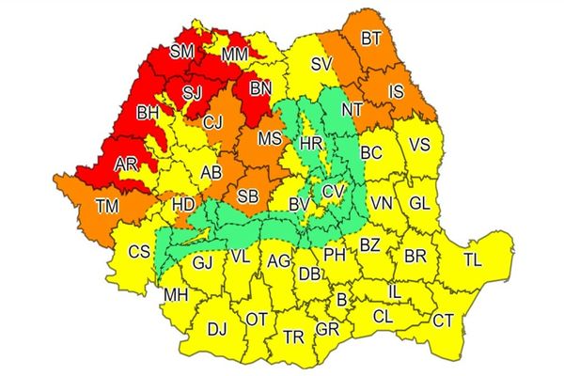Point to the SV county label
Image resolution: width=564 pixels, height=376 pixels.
(x=322, y=64)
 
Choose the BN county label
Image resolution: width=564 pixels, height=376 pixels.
(x=260, y=89)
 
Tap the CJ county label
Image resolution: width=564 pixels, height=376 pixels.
(x=213, y=120)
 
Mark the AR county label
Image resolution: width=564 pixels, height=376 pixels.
(x=126, y=164)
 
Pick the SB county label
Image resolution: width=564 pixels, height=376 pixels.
(x=248, y=196)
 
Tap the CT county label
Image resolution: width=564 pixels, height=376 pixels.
(x=443, y=321)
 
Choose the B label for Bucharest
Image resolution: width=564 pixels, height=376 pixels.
(x=341, y=302)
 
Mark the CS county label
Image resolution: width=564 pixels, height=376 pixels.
(x=139, y=251)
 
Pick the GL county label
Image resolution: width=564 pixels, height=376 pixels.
(x=420, y=202)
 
